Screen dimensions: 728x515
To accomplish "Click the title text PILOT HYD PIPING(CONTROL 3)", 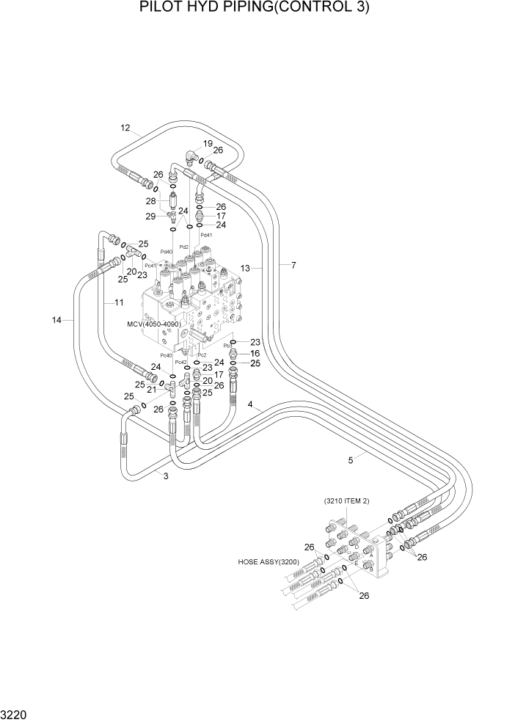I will (x=257, y=9).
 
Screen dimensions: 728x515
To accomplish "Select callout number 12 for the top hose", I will (x=125, y=128).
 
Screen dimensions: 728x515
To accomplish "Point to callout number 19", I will (x=208, y=143).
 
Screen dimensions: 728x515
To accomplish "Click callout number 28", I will (x=151, y=201).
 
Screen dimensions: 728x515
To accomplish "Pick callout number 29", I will (x=151, y=216).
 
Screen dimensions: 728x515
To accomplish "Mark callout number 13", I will (x=246, y=269).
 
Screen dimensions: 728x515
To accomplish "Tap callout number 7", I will (x=293, y=265).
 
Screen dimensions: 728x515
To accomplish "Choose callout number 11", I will (x=118, y=302).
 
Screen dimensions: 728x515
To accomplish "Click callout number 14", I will (x=57, y=320).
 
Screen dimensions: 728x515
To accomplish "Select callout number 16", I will (x=255, y=353).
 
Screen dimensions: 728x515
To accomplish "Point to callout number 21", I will (x=150, y=389).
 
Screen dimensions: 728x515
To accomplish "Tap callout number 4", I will (x=250, y=405).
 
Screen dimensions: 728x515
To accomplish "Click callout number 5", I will (x=351, y=460).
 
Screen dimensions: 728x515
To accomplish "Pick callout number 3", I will (x=166, y=476).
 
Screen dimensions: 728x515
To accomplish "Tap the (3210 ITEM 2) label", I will (x=346, y=500).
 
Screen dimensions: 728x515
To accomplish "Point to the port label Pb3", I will (x=227, y=344).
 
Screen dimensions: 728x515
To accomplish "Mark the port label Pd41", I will (x=206, y=235).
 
